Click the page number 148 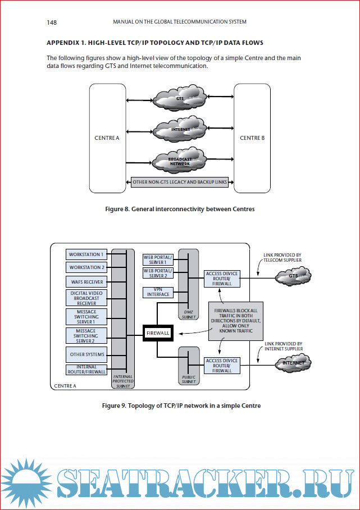(x=52, y=22)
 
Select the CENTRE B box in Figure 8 (x=252, y=137)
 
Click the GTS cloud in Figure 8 (x=180, y=99)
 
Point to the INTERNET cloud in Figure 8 (x=180, y=129)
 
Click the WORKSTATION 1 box (x=86, y=254)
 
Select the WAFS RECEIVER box (x=86, y=281)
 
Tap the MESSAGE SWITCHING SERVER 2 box (x=86, y=336)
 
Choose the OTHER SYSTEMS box (x=86, y=354)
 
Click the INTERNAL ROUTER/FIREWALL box (x=86, y=370)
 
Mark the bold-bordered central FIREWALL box (x=157, y=333)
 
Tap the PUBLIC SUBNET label (x=188, y=380)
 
